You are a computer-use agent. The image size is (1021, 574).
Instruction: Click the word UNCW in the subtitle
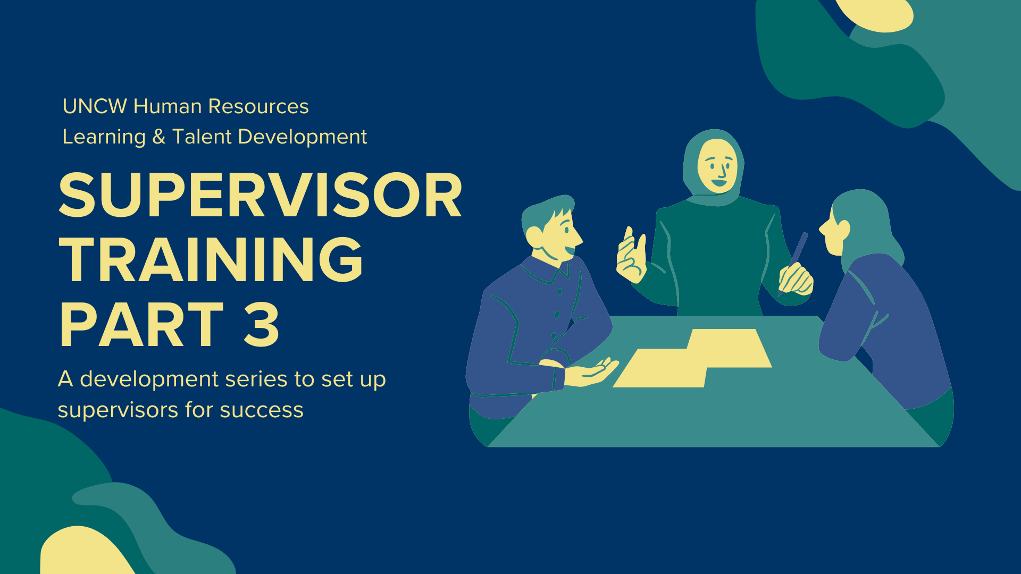pyautogui.click(x=95, y=106)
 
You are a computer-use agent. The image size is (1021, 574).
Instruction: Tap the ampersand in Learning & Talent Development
pyautogui.click(x=159, y=137)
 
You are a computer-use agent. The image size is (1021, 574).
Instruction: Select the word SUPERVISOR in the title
pyautogui.click(x=261, y=195)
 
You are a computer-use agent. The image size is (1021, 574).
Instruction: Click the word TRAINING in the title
pyautogui.click(x=211, y=260)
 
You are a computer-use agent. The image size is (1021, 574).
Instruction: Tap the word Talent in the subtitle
pyautogui.click(x=202, y=137)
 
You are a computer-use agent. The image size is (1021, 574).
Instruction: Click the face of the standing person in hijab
pyautogui.click(x=717, y=165)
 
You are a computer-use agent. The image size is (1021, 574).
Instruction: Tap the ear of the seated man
pyautogui.click(x=534, y=235)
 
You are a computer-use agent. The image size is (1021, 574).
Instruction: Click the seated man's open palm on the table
pyautogui.click(x=590, y=373)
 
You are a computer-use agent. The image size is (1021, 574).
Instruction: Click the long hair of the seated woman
pyautogui.click(x=867, y=223)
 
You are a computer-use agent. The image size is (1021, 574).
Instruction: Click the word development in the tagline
pyautogui.click(x=149, y=379)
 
